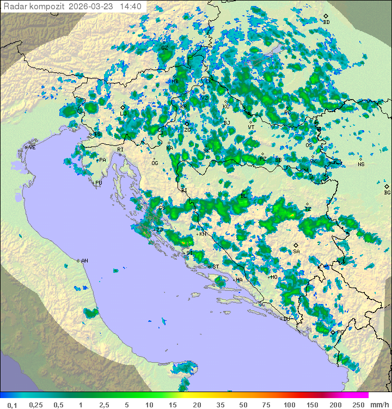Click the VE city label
point(32,148)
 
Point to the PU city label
point(99,183)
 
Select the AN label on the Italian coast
point(84,261)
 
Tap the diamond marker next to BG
point(387,186)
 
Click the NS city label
point(361,164)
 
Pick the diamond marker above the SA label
point(296,245)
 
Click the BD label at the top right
point(327,22)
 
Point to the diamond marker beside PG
point(333,332)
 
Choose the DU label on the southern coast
point(286,319)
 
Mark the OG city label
point(155,163)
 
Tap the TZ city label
point(308,209)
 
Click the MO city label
point(274,277)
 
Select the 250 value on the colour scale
point(358,405)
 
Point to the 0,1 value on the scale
point(12,405)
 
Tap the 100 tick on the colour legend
point(289,405)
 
